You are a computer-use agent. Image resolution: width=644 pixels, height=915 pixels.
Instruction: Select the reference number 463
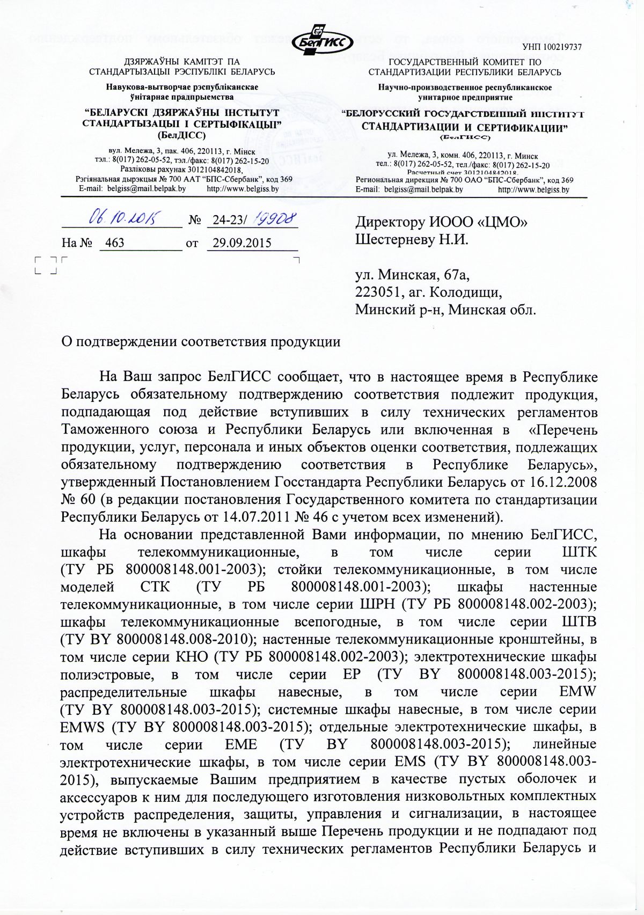pyautogui.click(x=115, y=243)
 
